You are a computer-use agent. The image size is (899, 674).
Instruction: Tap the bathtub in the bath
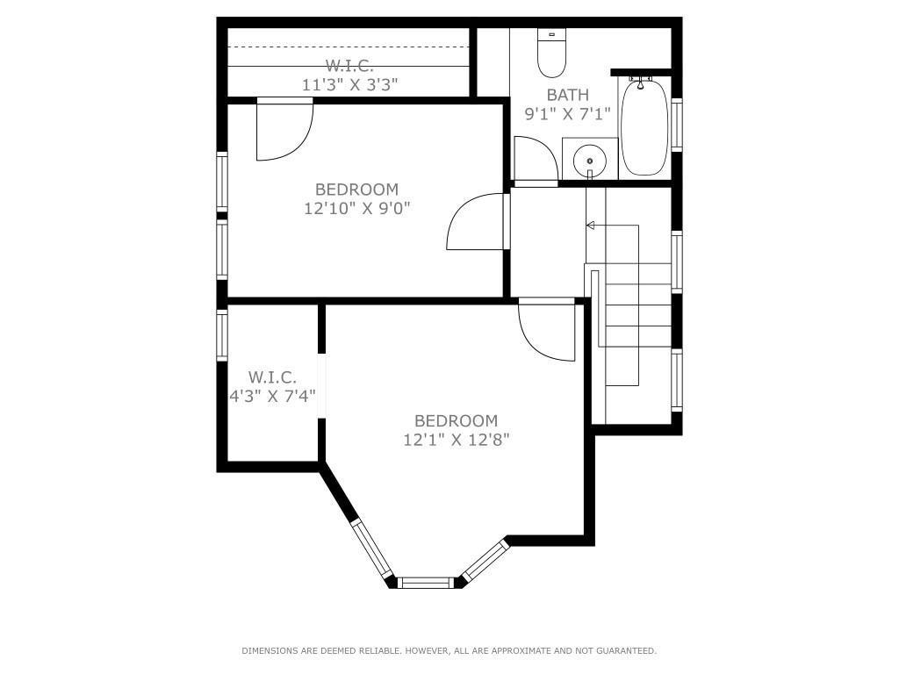[x=644, y=126]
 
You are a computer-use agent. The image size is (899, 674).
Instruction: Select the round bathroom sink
[x=589, y=161]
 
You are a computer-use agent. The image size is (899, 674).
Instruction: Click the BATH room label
[x=568, y=95]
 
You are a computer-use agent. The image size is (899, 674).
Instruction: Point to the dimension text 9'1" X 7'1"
[x=568, y=113]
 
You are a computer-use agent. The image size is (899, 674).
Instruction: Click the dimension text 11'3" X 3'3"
[x=349, y=85]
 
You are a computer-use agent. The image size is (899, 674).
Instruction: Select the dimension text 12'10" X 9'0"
[x=357, y=208]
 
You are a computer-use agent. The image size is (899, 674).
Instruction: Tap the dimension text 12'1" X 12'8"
[x=457, y=441]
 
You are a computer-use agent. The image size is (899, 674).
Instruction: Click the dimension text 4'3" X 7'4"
[x=272, y=396]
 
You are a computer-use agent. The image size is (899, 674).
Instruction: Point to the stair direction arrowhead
[x=590, y=226]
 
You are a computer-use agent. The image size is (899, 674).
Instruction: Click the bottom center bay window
[x=426, y=583]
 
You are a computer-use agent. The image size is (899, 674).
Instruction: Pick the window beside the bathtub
[x=677, y=125]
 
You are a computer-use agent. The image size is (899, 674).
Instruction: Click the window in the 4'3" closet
[x=222, y=334]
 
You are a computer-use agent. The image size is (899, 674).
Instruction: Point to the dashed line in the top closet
[x=349, y=47]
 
